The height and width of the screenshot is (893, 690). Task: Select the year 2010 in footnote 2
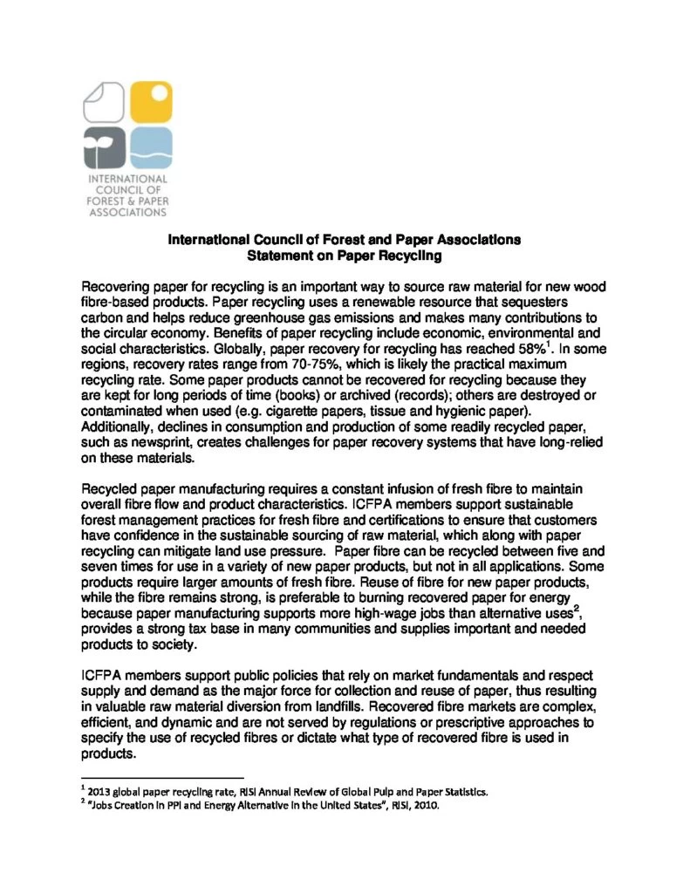(x=428, y=806)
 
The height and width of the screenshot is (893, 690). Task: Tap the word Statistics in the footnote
(x=460, y=792)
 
